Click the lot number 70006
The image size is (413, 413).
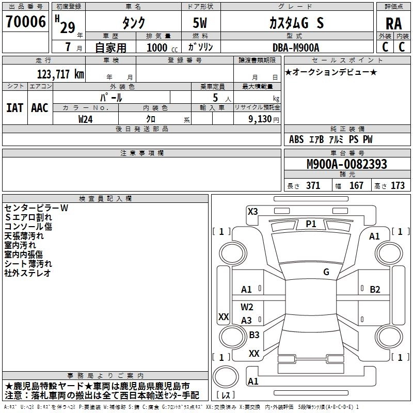click(x=26, y=22)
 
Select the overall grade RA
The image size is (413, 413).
click(x=393, y=24)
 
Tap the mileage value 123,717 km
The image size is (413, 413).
click(x=60, y=74)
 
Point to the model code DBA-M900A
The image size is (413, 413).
click(x=296, y=47)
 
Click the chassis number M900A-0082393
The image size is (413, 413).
click(x=347, y=164)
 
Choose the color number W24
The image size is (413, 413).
click(x=85, y=119)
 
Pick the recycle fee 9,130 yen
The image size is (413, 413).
click(x=264, y=119)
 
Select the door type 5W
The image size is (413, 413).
click(x=200, y=23)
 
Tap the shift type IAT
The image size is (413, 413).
click(x=14, y=108)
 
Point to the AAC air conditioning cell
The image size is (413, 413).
click(x=40, y=108)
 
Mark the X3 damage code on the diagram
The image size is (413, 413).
click(x=252, y=212)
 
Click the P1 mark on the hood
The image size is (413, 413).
click(x=311, y=224)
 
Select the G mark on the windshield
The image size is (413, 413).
click(x=326, y=272)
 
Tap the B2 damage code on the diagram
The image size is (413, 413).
click(x=375, y=290)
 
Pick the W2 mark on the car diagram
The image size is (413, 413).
click(x=247, y=307)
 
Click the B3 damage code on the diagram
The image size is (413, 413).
click(x=254, y=335)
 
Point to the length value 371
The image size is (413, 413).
click(x=313, y=186)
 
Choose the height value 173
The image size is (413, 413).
click(x=398, y=186)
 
